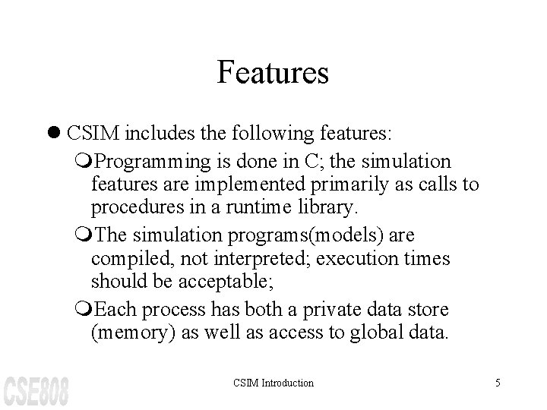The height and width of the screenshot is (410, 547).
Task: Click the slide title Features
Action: (x=273, y=73)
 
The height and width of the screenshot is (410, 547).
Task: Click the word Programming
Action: (x=155, y=162)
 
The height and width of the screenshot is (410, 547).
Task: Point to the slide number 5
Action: (x=498, y=383)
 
